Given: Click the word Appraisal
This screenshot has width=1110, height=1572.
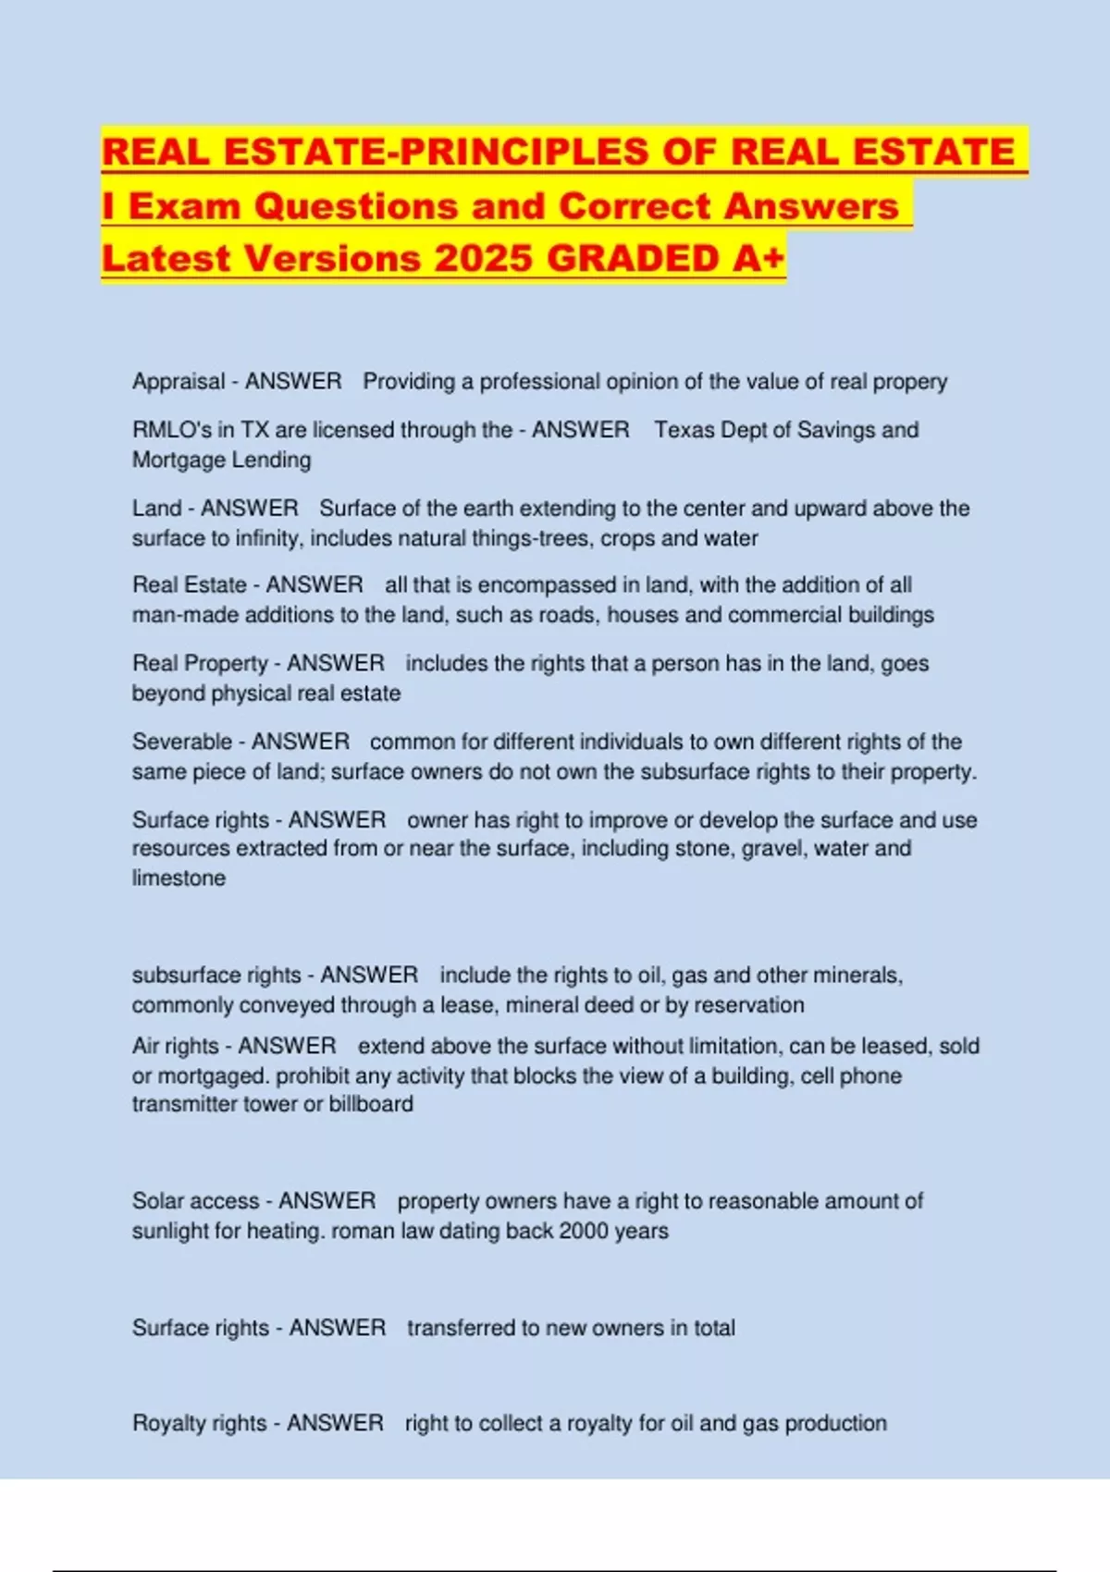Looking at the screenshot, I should [179, 382].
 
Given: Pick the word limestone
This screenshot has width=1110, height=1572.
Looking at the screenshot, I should [179, 878].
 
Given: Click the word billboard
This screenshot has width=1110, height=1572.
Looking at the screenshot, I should [371, 1104].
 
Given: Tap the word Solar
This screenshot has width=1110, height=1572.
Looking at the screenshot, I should [158, 1201].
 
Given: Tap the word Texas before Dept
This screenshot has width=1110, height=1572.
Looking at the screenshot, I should [685, 430].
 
